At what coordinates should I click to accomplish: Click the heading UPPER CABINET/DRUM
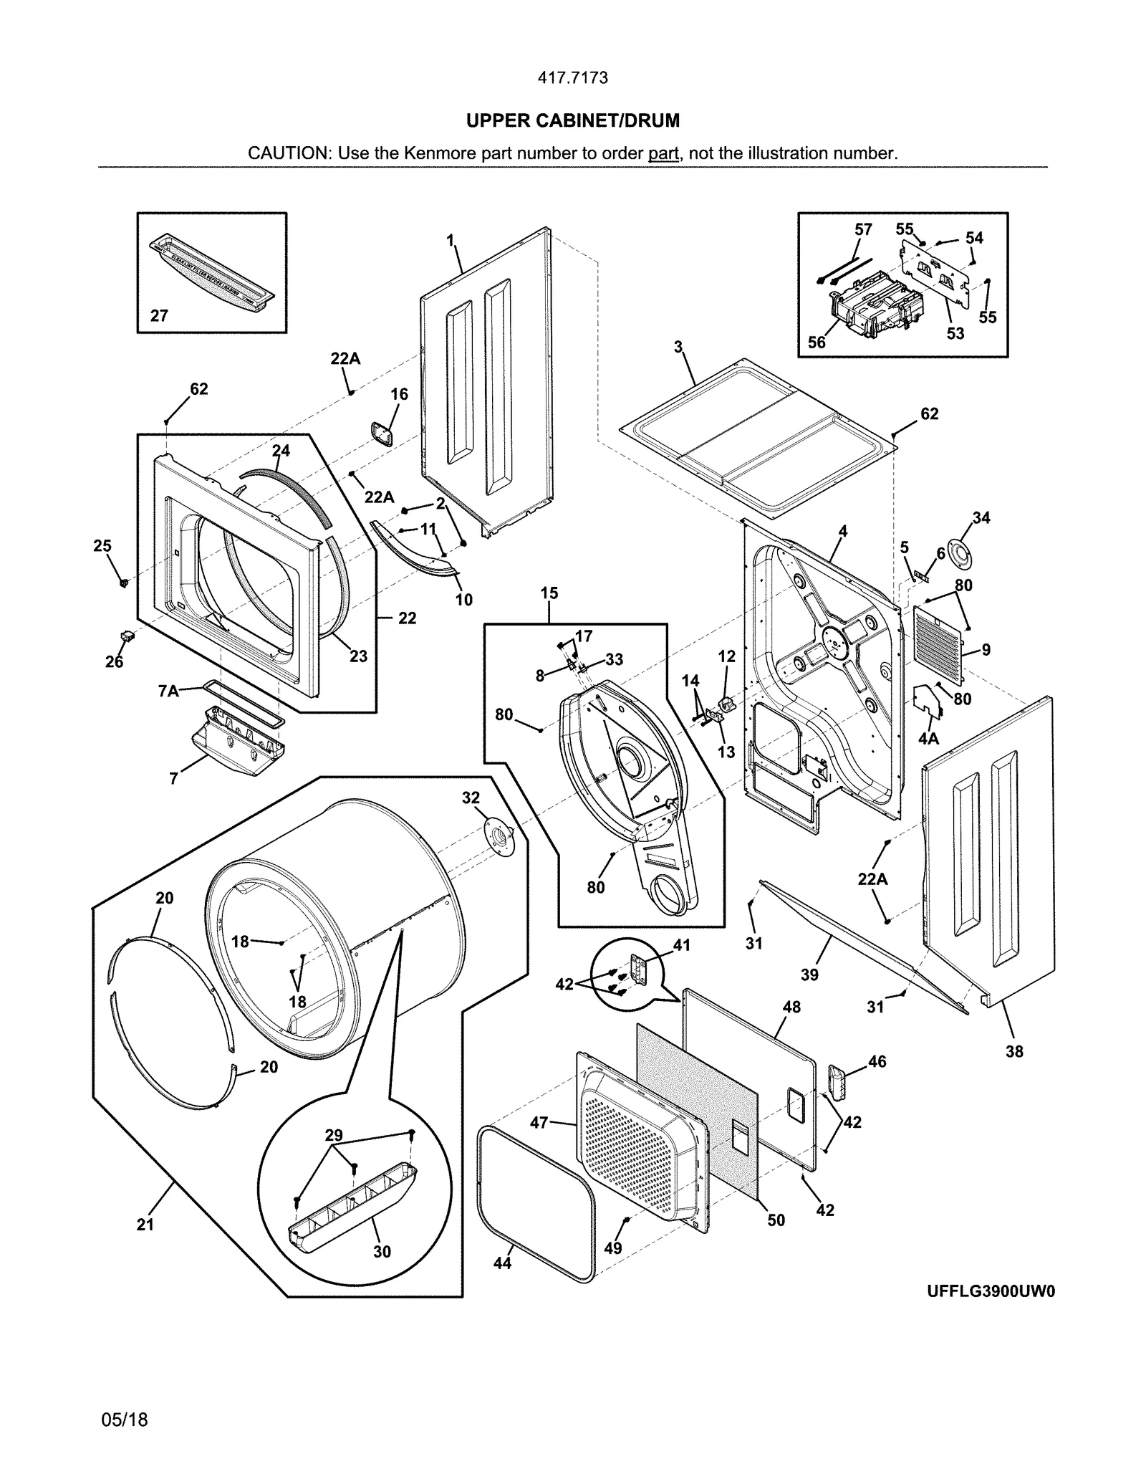[572, 121]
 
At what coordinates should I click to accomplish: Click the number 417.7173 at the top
[572, 78]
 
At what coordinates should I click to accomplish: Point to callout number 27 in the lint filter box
[159, 315]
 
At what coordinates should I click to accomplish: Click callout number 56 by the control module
[817, 343]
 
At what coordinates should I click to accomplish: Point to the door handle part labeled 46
[836, 1078]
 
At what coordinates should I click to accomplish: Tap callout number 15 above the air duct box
[549, 593]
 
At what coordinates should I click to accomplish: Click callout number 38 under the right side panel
[1014, 1052]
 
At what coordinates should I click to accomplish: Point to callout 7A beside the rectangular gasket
[168, 691]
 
